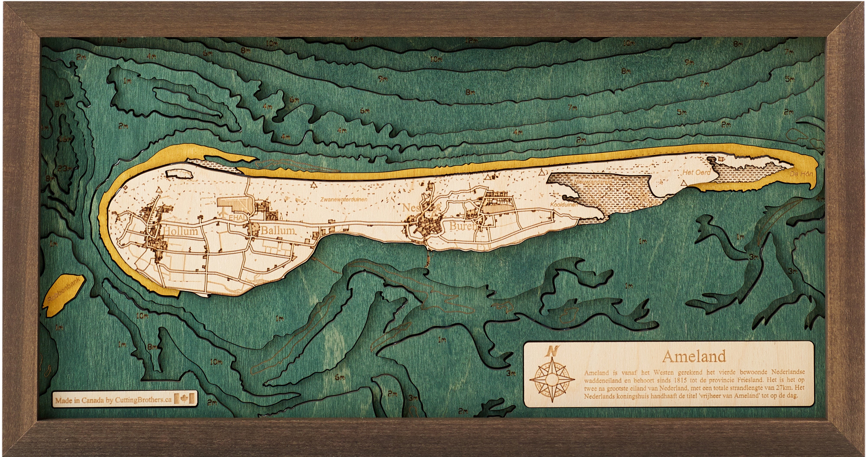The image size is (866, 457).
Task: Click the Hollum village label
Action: click(x=181, y=232)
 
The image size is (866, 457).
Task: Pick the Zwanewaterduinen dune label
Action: click(x=344, y=199)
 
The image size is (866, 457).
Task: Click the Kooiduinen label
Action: click(x=564, y=204)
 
